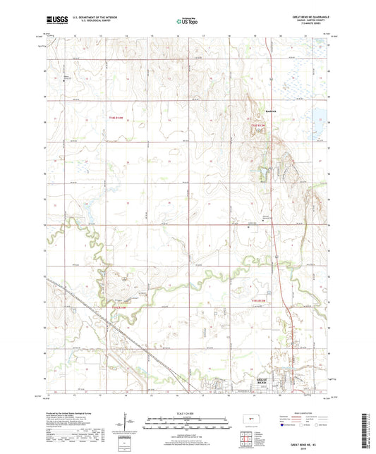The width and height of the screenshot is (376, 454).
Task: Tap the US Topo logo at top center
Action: [186, 23]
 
